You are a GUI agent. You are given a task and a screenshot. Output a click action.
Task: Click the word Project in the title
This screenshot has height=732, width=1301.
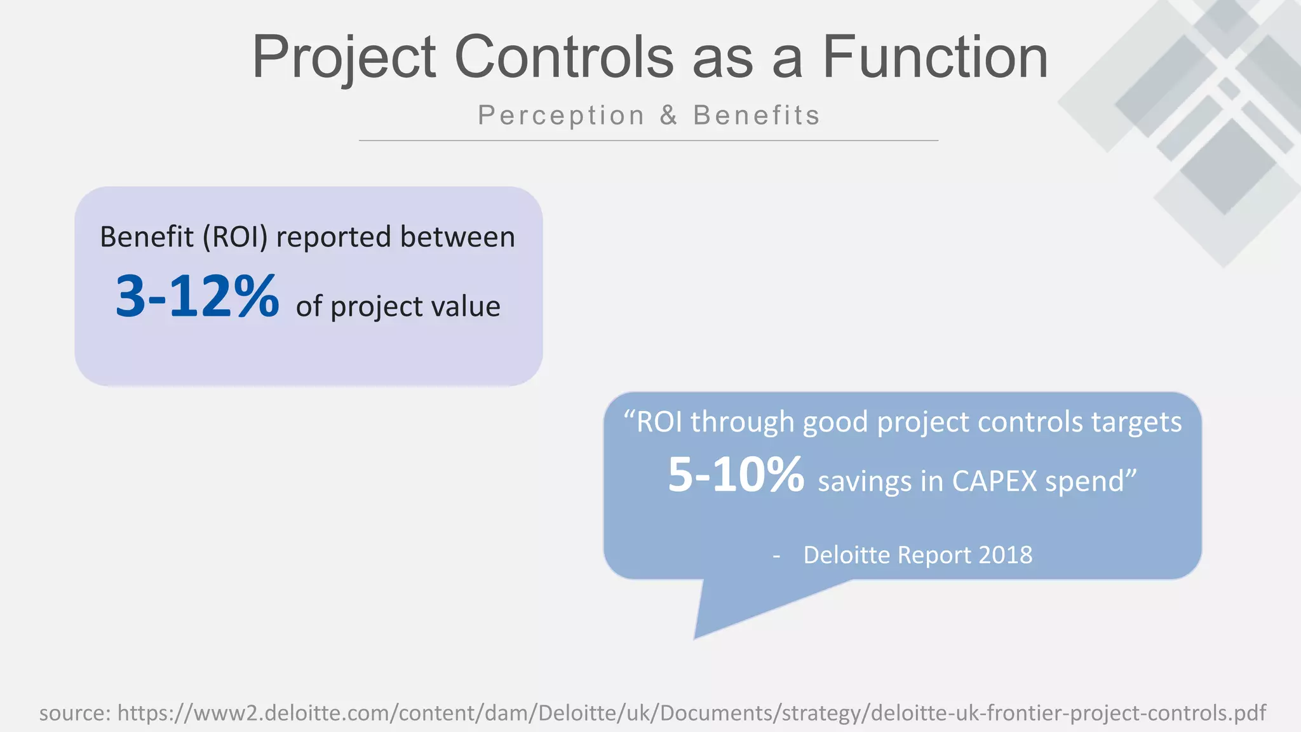point(344,58)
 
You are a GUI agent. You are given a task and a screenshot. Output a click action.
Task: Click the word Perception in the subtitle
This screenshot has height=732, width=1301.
point(562,116)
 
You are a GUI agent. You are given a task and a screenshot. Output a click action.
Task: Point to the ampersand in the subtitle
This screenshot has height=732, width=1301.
point(668,116)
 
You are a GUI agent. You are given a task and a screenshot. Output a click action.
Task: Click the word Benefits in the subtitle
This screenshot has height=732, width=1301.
point(757,116)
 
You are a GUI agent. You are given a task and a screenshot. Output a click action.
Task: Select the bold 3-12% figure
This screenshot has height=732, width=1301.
point(197,297)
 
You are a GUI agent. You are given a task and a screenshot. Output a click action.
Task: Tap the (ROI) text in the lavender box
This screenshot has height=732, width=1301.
point(235,237)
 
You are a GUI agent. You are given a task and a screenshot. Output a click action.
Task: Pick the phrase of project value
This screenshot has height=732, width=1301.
point(398,306)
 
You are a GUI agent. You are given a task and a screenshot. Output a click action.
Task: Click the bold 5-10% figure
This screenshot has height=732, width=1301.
point(736,475)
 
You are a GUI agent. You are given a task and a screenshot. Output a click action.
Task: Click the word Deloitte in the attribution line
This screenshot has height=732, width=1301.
point(847,555)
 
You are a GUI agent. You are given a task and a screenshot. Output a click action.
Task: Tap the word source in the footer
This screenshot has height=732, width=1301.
point(74,713)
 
